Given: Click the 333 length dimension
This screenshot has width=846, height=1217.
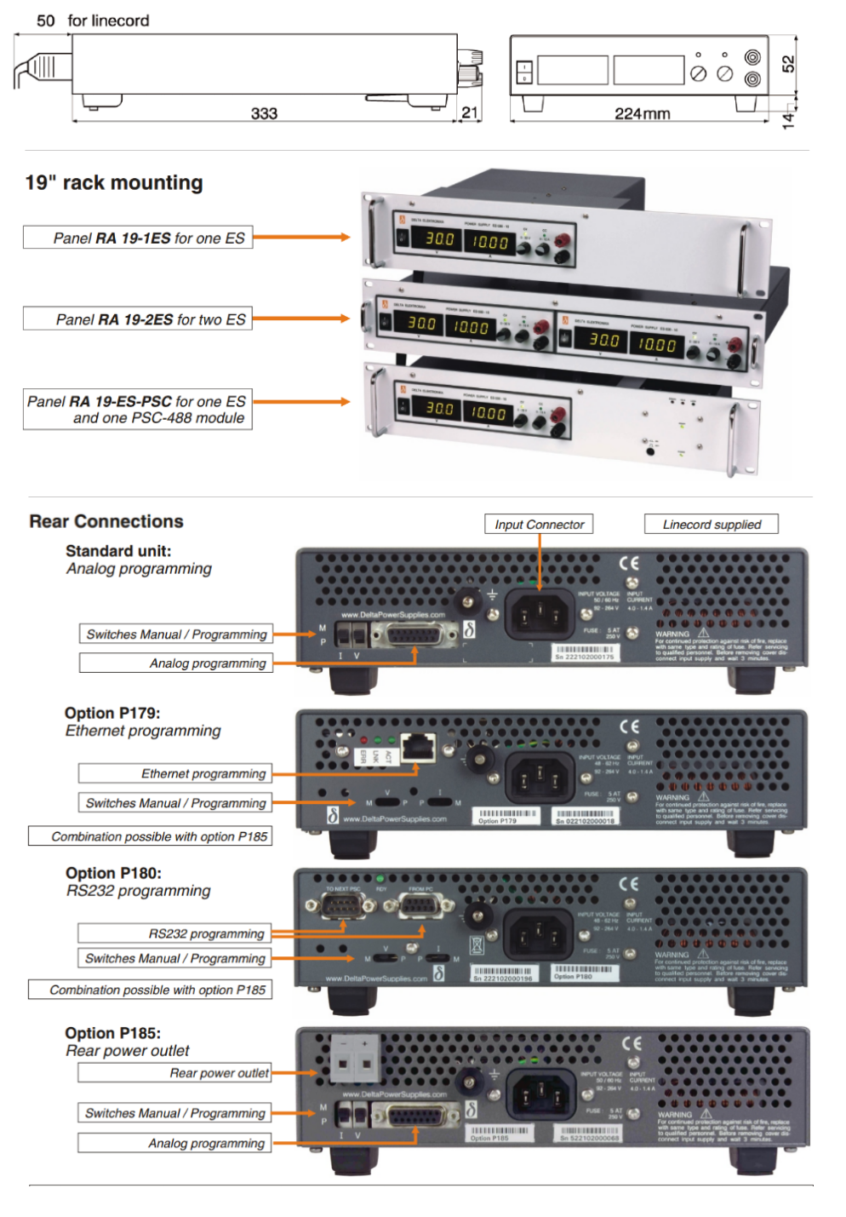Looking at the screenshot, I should pyautogui.click(x=264, y=113).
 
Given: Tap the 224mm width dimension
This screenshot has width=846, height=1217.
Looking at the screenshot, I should pyautogui.click(x=642, y=113).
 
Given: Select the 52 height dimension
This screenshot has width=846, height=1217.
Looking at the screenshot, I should pyautogui.click(x=788, y=64).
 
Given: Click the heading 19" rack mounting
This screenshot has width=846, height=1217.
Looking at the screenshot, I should pyautogui.click(x=114, y=183).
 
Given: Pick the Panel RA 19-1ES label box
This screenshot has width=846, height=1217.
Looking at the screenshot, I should pyautogui.click(x=138, y=238).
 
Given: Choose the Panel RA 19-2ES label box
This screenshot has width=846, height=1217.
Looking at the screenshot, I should pyautogui.click(x=138, y=319).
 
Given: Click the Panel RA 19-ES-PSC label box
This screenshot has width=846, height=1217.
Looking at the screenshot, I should pyautogui.click(x=138, y=410).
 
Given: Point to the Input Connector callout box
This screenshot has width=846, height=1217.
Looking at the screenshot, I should pyautogui.click(x=539, y=525).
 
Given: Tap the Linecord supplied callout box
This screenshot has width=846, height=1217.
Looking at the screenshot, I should pyautogui.click(x=712, y=525).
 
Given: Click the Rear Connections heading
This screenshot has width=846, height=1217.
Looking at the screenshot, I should pyautogui.click(x=106, y=521).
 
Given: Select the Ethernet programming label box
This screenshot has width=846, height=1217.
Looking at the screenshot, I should pyautogui.click(x=175, y=773).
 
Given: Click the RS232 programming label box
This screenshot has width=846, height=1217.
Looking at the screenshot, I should pyautogui.click(x=175, y=933).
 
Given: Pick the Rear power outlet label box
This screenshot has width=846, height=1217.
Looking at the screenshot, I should pyautogui.click(x=175, y=1073).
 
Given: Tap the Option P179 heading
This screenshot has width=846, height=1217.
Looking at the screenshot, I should pyautogui.click(x=112, y=713).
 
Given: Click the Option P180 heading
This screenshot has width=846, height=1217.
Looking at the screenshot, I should pyautogui.click(x=113, y=873).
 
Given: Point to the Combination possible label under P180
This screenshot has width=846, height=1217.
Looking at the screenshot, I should pyautogui.click(x=151, y=990).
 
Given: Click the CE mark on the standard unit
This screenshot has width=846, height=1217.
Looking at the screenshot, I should pyautogui.click(x=629, y=564).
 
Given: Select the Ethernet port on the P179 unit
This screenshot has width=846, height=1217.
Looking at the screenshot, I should pyautogui.click(x=418, y=747).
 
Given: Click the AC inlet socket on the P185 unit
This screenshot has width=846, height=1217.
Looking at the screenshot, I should pyautogui.click(x=540, y=1093).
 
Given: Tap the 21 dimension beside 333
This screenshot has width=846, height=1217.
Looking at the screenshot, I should pyautogui.click(x=470, y=112).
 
